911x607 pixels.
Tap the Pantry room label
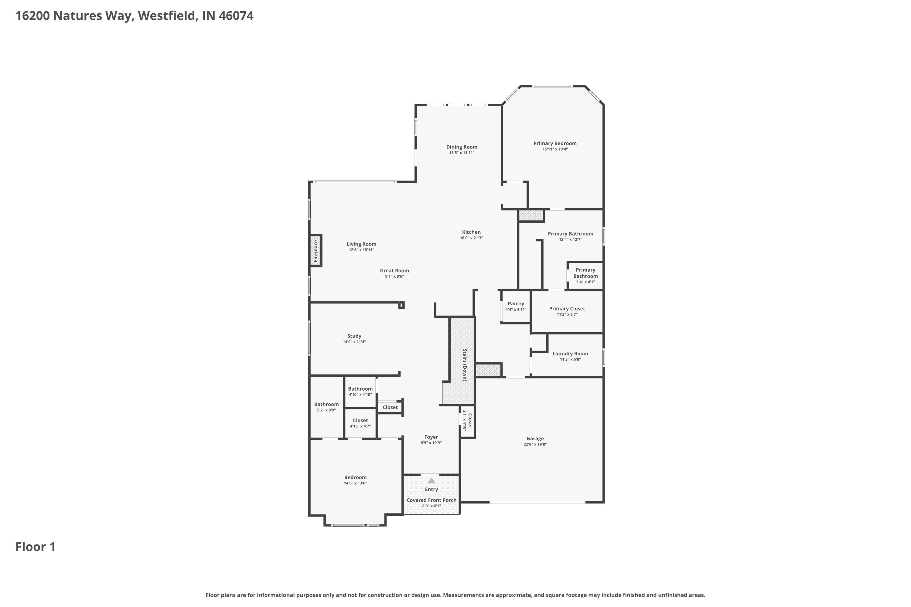[516, 303]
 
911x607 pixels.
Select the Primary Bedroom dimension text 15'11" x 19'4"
[555, 149]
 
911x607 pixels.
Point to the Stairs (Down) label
[465, 365]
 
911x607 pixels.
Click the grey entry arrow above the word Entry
[431, 480]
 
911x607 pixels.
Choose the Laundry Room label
[570, 354]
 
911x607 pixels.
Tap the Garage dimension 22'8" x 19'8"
[535, 444]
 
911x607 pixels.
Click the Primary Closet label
[567, 309]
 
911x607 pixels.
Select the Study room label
[354, 336]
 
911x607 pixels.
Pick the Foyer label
[431, 437]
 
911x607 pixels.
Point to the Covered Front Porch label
[432, 500]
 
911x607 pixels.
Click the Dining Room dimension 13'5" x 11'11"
[462, 153]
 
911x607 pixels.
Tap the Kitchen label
[471, 232]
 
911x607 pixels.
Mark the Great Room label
[394, 271]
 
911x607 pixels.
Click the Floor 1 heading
[36, 547]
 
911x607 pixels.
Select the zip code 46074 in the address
[236, 16]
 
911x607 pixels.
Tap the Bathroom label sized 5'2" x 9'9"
[326, 404]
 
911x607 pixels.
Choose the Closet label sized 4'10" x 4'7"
[360, 420]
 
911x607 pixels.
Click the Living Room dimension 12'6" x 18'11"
[361, 250]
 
